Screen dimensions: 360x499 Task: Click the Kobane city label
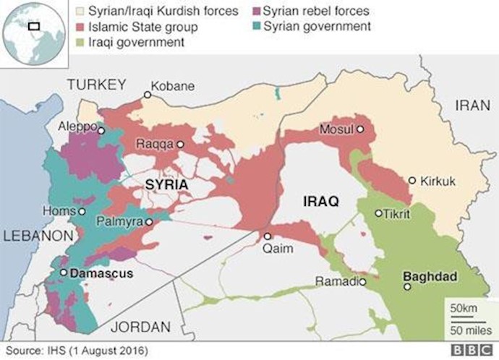(174, 86)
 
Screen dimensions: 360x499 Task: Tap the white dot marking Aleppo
(101, 131)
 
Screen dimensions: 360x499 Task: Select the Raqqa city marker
(181, 145)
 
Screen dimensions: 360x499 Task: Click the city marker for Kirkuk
(411, 180)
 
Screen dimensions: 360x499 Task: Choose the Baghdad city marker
(408, 286)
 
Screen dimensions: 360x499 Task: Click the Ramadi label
(338, 281)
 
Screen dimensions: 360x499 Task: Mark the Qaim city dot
(267, 236)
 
